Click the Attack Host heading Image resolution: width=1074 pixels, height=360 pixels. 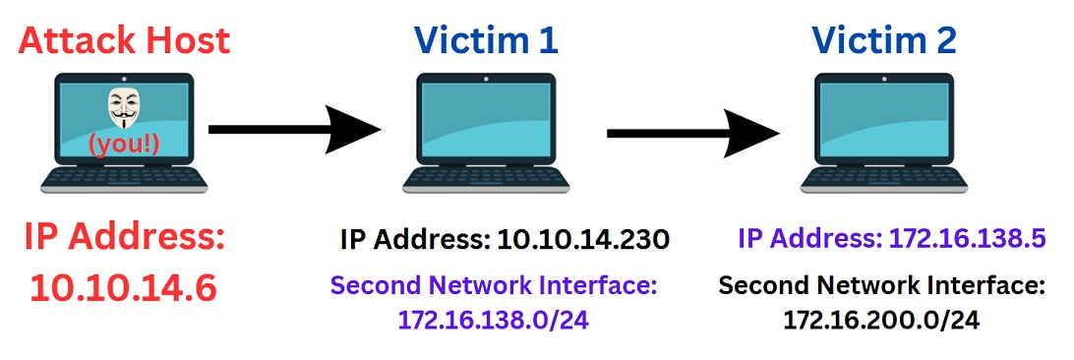(x=125, y=41)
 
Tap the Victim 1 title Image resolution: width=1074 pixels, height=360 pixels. (x=486, y=41)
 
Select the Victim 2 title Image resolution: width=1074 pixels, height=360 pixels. (x=884, y=41)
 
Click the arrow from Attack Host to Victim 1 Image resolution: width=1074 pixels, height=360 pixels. (x=294, y=129)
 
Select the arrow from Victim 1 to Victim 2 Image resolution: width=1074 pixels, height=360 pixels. (x=693, y=132)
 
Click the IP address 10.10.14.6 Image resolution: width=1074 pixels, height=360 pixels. (x=124, y=289)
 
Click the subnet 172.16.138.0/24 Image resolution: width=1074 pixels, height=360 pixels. (x=493, y=320)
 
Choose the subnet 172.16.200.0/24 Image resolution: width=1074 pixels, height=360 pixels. (x=882, y=320)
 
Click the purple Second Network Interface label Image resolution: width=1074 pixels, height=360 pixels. (x=493, y=286)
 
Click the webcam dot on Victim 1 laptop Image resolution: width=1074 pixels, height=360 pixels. (x=486, y=79)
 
